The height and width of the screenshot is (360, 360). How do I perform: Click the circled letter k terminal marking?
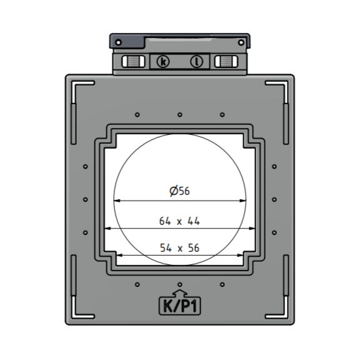[163, 61]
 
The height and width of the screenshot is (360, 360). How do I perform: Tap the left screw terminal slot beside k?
[132, 61]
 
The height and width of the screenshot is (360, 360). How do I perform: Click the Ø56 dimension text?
[179, 191]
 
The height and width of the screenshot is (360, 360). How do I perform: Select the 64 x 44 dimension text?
[179, 221]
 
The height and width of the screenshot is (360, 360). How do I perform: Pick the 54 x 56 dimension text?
[179, 247]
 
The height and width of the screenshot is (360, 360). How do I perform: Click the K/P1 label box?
[179, 306]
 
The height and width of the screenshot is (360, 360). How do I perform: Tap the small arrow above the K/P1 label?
[179, 292]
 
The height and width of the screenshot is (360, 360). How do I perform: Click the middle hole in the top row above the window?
[179, 114]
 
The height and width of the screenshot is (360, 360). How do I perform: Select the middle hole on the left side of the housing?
[85, 199]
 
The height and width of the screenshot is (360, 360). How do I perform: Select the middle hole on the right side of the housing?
[274, 199]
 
